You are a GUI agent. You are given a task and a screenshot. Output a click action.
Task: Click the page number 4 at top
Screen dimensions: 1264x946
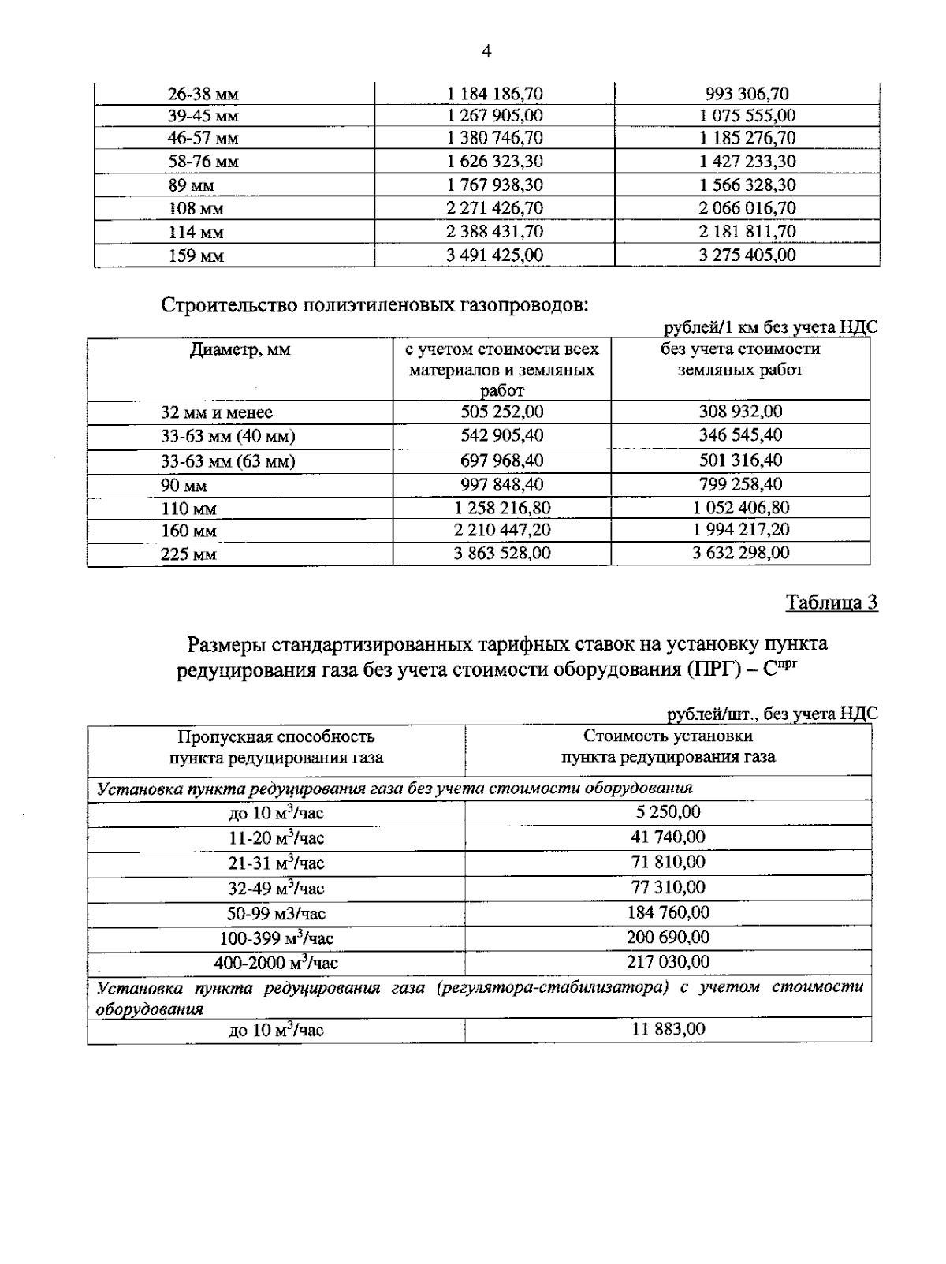486,52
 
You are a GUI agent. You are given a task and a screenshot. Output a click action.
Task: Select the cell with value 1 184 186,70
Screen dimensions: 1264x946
494,94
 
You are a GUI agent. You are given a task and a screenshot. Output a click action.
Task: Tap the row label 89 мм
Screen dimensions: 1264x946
191,186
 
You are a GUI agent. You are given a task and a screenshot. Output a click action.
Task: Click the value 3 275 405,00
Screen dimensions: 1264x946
747,255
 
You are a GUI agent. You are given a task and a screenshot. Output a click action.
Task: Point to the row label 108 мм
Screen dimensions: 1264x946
196,209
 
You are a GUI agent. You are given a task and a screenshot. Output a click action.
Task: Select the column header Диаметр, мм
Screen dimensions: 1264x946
240,349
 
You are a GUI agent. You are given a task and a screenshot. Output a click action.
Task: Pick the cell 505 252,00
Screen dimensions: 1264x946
501,412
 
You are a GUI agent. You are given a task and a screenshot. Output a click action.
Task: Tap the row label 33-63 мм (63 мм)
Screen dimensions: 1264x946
228,461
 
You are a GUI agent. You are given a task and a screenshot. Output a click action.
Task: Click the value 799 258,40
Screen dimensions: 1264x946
740,483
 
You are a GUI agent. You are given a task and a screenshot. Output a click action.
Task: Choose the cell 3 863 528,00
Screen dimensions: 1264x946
501,553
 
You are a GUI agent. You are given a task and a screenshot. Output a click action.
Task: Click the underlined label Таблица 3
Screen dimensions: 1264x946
832,602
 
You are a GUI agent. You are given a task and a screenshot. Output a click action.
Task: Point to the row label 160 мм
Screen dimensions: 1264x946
188,531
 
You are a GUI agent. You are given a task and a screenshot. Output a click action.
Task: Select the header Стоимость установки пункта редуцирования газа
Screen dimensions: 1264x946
668,747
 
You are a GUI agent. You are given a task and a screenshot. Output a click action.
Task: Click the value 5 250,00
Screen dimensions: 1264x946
668,811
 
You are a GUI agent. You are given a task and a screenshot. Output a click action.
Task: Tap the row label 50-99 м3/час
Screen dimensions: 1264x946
276,914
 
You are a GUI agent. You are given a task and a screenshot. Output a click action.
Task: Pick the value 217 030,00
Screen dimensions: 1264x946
668,961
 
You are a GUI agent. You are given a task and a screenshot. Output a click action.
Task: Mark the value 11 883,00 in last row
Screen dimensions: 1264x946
668,1029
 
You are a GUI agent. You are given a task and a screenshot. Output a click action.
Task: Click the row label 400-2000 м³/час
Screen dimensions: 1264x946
276,963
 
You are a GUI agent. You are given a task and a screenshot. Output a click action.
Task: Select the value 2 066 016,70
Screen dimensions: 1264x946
747,208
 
